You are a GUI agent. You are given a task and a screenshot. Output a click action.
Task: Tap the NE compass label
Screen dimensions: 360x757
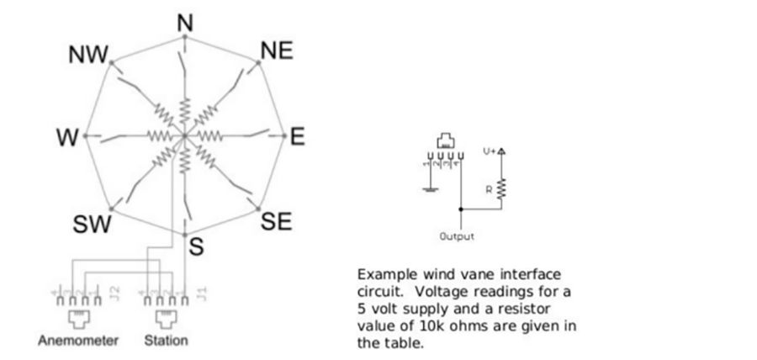click(277, 51)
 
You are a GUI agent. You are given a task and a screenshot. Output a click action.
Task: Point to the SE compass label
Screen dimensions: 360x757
click(277, 222)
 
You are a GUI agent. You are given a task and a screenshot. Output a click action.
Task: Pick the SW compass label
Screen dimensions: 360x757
click(90, 224)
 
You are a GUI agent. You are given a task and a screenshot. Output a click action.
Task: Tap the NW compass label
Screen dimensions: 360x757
click(87, 56)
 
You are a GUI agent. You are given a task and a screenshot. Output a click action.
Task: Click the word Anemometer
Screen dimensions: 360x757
click(77, 341)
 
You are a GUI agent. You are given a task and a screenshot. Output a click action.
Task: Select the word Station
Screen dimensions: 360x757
click(166, 341)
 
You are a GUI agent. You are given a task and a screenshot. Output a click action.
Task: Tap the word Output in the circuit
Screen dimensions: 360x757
click(457, 236)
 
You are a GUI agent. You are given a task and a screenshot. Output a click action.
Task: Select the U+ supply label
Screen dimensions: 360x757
click(490, 151)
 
